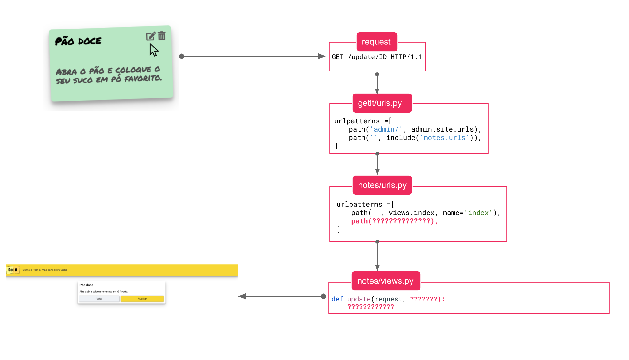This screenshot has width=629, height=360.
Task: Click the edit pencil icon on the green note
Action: (x=151, y=36)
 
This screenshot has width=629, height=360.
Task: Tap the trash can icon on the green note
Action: (x=162, y=36)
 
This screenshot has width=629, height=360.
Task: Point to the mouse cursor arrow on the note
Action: (x=153, y=50)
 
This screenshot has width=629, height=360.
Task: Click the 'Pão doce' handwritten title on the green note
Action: (x=78, y=41)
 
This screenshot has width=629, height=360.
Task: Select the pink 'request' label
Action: (x=376, y=42)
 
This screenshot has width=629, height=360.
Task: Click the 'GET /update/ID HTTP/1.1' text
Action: (x=377, y=57)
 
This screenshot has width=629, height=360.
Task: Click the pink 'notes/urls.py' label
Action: (x=382, y=185)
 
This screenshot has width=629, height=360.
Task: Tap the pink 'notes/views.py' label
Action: (x=385, y=281)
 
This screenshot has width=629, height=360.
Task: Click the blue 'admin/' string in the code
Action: (x=386, y=129)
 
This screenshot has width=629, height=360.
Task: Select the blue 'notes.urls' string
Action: (x=444, y=138)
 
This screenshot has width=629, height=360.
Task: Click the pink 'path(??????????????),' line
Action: (x=394, y=221)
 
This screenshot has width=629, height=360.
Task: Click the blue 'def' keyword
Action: (x=337, y=299)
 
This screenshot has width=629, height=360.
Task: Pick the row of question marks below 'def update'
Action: (x=370, y=307)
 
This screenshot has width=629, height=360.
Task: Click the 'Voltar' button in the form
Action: (x=99, y=299)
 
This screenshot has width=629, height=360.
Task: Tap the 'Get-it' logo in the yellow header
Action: (x=13, y=270)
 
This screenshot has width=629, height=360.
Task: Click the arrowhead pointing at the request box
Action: (x=322, y=56)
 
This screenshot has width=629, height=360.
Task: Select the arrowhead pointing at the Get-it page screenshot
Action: (x=242, y=296)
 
